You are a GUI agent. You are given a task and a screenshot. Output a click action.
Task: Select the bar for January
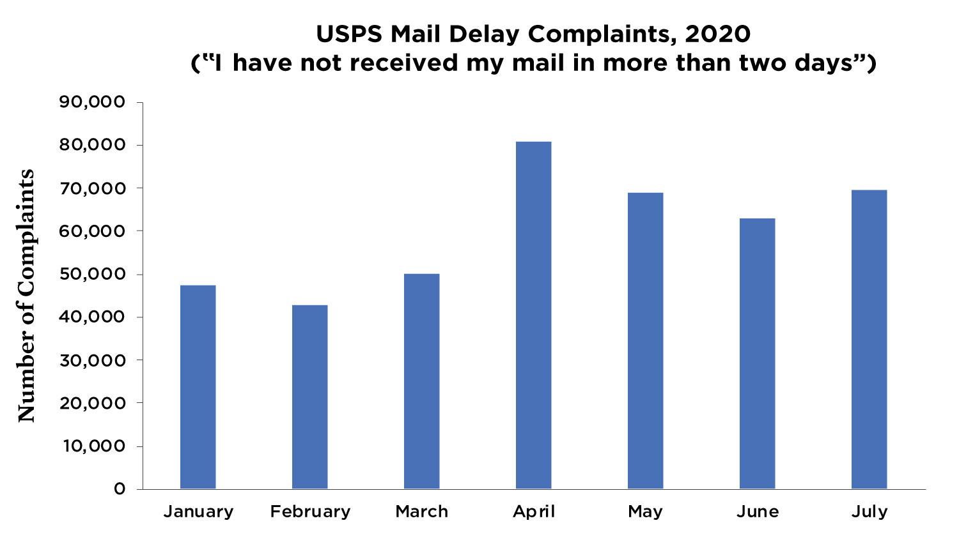pyautogui.click(x=198, y=387)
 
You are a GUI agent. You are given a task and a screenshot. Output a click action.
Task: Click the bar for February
pyautogui.click(x=310, y=397)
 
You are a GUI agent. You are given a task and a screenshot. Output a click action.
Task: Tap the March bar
pyautogui.click(x=422, y=381)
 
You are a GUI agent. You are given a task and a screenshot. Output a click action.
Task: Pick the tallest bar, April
pyautogui.click(x=534, y=315)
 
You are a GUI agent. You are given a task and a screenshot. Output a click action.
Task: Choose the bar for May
pyautogui.click(x=646, y=340)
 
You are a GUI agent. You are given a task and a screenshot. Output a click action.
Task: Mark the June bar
pyautogui.click(x=758, y=353)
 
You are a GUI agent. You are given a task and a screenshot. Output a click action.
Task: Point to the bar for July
pyautogui.click(x=869, y=339)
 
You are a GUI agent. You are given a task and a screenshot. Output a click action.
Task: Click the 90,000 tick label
pyautogui.click(x=92, y=102)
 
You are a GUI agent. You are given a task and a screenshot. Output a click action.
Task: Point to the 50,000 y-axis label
pyautogui.click(x=92, y=274)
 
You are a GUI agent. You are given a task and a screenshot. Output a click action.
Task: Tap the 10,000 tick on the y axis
pyautogui.click(x=93, y=446)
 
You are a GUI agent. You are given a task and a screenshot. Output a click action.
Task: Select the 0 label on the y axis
pyautogui.click(x=120, y=489)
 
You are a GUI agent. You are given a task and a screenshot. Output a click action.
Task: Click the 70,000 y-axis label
pyautogui.click(x=92, y=188)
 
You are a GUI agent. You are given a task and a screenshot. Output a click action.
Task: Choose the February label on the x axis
pyautogui.click(x=310, y=512)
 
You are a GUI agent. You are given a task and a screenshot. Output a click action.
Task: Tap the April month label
pyautogui.click(x=534, y=512)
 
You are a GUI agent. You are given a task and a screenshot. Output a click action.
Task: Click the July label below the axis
pyautogui.click(x=869, y=512)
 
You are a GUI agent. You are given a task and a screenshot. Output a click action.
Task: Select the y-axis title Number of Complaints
pyautogui.click(x=27, y=295)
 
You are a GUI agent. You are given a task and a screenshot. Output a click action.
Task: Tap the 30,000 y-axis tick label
pyautogui.click(x=92, y=360)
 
